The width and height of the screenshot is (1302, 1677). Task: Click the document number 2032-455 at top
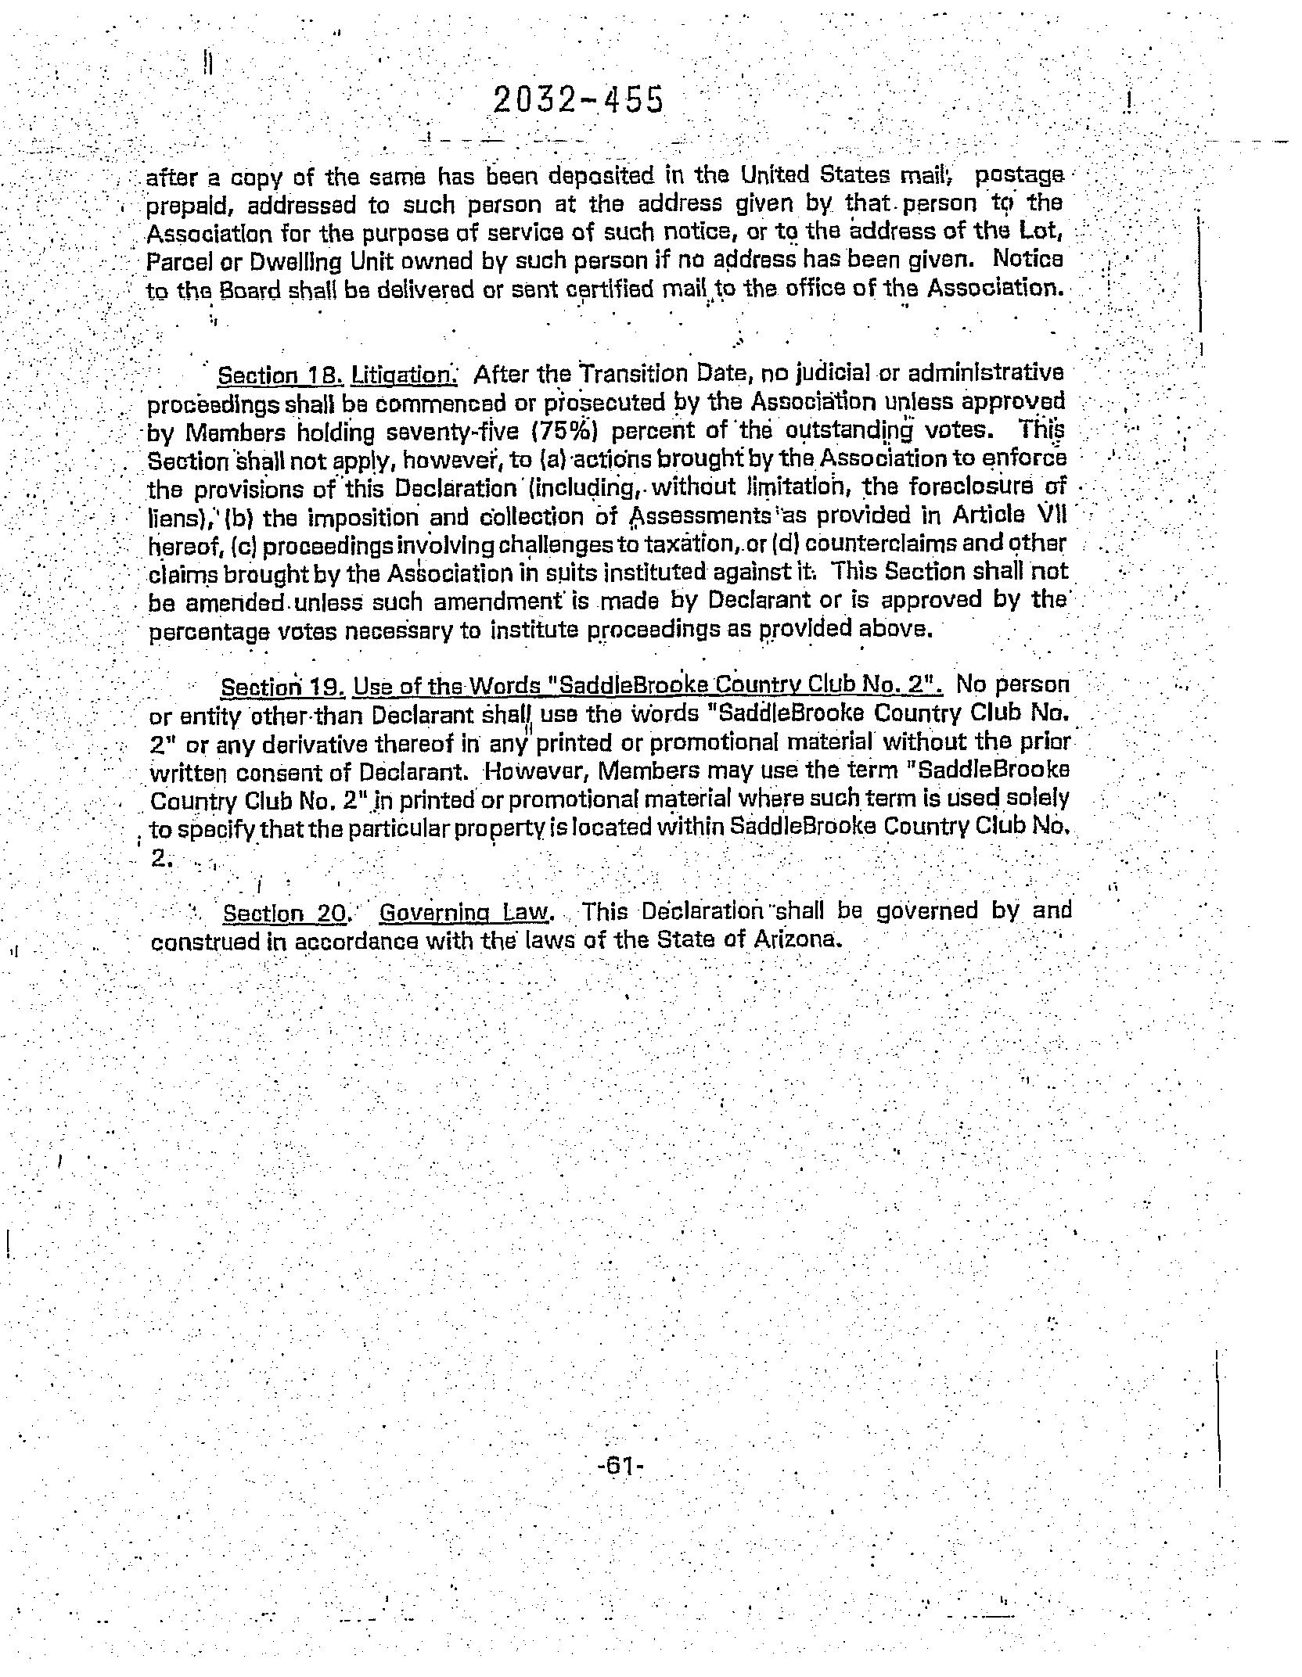[x=578, y=101]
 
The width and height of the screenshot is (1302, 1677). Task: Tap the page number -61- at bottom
[x=619, y=1465]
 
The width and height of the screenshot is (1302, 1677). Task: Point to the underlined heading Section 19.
[x=282, y=688]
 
